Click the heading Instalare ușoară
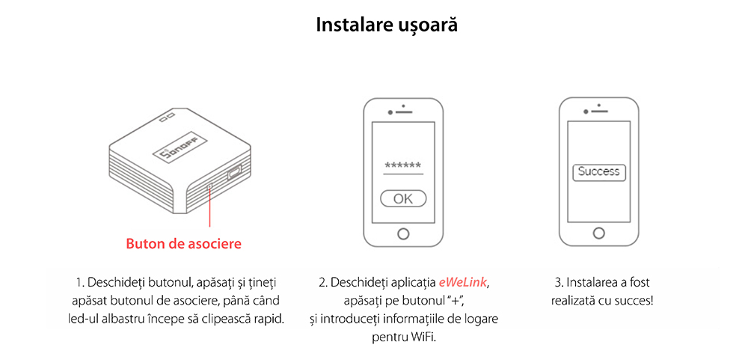click(387, 25)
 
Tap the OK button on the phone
click(403, 198)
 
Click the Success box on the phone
click(598, 172)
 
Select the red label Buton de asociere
click(184, 243)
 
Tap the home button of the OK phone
click(403, 234)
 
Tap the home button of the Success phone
click(598, 233)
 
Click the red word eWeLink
click(463, 282)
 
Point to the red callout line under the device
click(209, 207)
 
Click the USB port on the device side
click(235, 173)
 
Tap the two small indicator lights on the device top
click(167, 117)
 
